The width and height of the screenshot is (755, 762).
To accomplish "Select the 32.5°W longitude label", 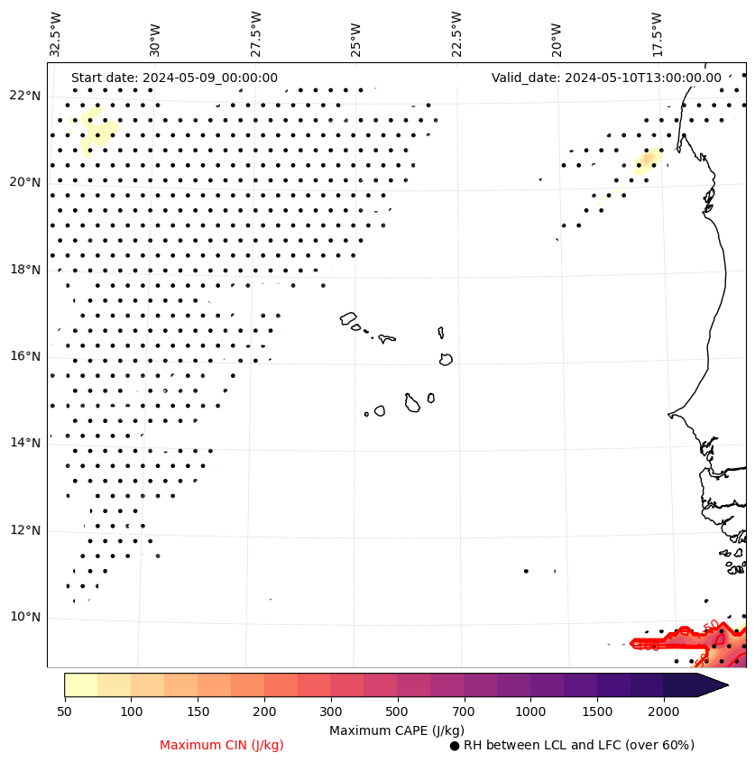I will point(56,34).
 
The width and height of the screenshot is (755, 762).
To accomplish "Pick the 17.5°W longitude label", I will point(656,34).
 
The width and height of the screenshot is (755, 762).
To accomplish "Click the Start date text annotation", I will point(174,78).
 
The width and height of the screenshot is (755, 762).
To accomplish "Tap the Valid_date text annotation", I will point(606,78).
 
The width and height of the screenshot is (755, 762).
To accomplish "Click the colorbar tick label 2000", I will point(663,712).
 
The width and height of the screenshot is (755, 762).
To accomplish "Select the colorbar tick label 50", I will point(64,712).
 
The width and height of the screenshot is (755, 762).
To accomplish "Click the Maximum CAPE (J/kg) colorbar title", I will point(396,730).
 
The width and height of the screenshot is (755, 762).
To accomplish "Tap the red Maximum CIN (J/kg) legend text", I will point(222,745).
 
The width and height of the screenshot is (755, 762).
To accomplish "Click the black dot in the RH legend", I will point(455,746).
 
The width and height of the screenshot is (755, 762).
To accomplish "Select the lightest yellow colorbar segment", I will point(80,684).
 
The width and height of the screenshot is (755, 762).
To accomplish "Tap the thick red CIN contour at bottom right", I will point(668,642).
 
